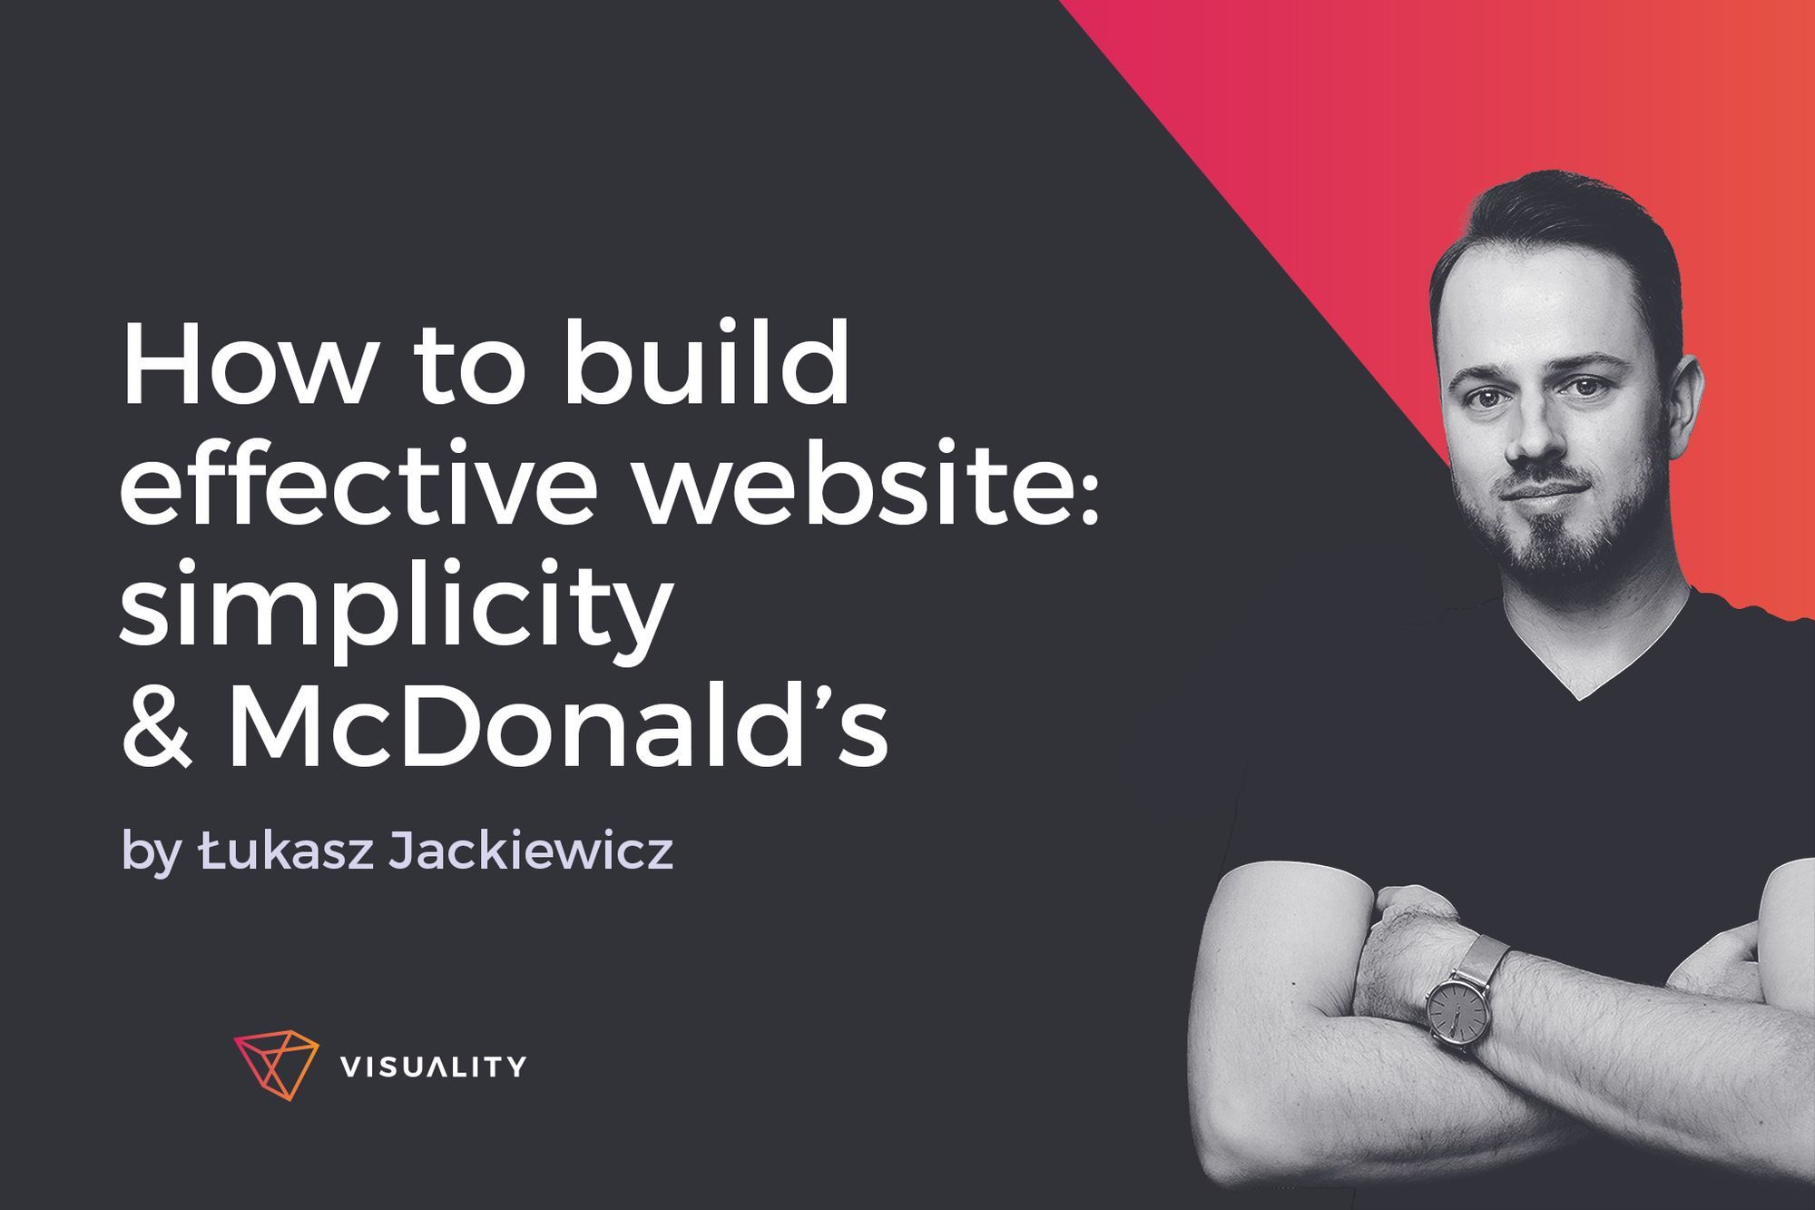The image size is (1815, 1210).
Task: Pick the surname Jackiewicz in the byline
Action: (x=531, y=851)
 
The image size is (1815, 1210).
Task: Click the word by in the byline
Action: (x=150, y=855)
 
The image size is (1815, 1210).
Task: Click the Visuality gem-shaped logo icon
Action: (x=276, y=1066)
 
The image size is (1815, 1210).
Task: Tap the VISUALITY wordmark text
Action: (x=433, y=1067)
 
